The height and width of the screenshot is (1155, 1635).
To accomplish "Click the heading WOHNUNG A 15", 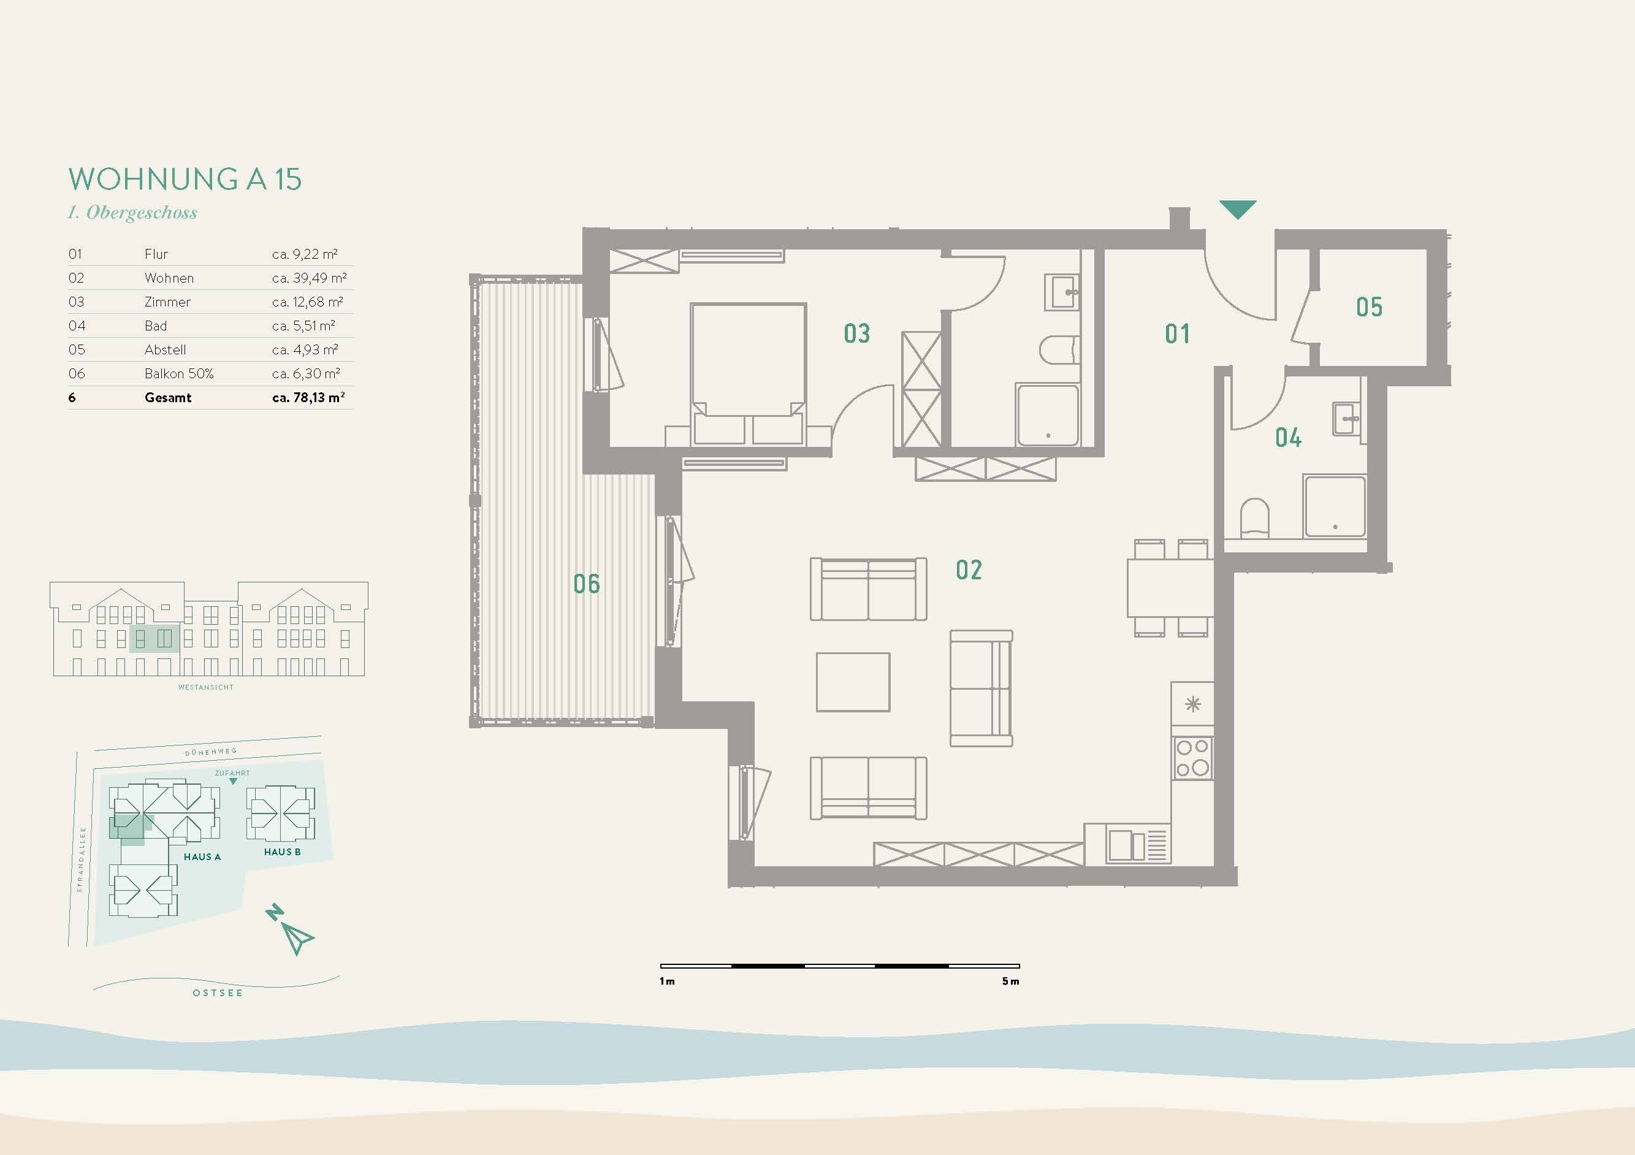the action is pyautogui.click(x=185, y=179).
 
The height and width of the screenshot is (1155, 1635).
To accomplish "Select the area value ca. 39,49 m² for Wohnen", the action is pyautogui.click(x=309, y=278).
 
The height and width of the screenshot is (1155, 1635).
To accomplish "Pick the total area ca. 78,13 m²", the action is pyautogui.click(x=308, y=397).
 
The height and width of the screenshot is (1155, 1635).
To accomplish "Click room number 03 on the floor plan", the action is pyautogui.click(x=856, y=334).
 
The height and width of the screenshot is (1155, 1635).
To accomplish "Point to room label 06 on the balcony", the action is pyautogui.click(x=587, y=584).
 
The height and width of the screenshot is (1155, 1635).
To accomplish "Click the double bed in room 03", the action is pyautogui.click(x=748, y=375).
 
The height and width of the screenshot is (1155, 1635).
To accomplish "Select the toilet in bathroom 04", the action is pyautogui.click(x=1255, y=517).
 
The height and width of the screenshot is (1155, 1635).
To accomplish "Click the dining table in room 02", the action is pyautogui.click(x=1170, y=588).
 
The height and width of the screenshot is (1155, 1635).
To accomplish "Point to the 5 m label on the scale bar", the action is pyautogui.click(x=1010, y=982).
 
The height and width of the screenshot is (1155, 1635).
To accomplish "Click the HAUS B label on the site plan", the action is pyautogui.click(x=282, y=852).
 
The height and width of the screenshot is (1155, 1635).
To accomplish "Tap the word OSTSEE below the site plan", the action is pyautogui.click(x=218, y=993).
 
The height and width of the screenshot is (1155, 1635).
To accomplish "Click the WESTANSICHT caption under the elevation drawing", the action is pyautogui.click(x=206, y=687).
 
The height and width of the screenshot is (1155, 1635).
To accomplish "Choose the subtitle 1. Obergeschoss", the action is pyautogui.click(x=132, y=213).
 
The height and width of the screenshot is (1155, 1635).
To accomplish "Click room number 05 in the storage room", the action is pyautogui.click(x=1369, y=307).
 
